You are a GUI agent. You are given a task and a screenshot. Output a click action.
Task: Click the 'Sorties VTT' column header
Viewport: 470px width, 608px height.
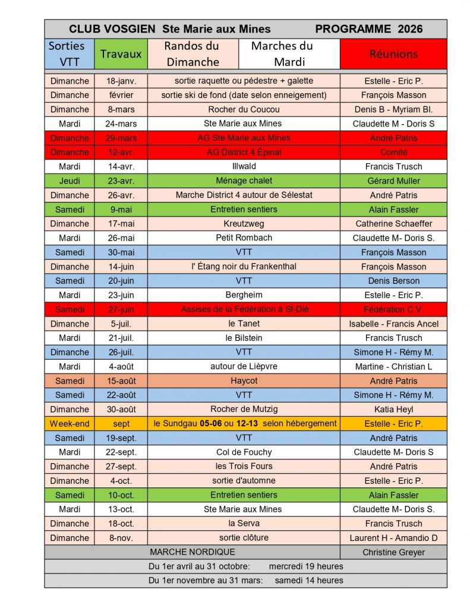click(x=69, y=53)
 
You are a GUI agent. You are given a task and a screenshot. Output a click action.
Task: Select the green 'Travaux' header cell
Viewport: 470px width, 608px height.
click(x=121, y=53)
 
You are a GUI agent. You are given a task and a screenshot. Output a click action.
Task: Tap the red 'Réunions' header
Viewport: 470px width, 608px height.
click(x=393, y=53)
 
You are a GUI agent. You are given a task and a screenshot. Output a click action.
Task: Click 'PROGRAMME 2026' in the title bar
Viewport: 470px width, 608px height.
click(x=368, y=28)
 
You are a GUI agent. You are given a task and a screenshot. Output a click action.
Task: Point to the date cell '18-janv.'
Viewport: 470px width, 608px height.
click(x=121, y=81)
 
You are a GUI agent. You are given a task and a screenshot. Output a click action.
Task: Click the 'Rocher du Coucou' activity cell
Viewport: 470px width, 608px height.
click(x=244, y=109)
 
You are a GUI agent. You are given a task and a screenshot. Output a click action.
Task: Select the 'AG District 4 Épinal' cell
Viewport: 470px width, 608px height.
click(x=244, y=152)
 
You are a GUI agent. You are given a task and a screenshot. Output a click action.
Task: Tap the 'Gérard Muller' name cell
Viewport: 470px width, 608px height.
click(x=393, y=180)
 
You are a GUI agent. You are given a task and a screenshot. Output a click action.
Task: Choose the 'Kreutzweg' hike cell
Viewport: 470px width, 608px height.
click(x=244, y=224)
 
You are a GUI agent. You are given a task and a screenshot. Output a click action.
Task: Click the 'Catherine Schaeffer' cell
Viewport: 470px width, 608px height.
click(x=393, y=224)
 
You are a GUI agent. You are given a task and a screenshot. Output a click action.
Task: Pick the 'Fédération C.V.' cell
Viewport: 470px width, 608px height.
click(x=393, y=309)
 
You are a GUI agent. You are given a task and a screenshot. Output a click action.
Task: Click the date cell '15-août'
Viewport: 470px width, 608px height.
click(x=121, y=381)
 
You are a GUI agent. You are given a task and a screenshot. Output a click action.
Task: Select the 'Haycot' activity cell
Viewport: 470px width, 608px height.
click(x=244, y=381)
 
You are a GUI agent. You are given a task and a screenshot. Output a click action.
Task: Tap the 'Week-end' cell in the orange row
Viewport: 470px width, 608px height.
click(x=69, y=423)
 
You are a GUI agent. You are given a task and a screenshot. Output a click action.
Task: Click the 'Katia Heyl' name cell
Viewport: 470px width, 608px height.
click(x=393, y=409)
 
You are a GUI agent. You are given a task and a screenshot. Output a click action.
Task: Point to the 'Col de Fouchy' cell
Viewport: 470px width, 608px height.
click(x=244, y=452)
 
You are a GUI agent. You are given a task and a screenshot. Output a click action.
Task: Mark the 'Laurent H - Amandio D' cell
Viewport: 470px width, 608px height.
click(x=393, y=538)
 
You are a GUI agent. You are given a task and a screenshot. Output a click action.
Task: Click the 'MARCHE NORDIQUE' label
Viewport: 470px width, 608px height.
click(x=193, y=552)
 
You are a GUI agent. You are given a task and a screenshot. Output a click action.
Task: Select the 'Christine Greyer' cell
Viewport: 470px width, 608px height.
click(x=393, y=552)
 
